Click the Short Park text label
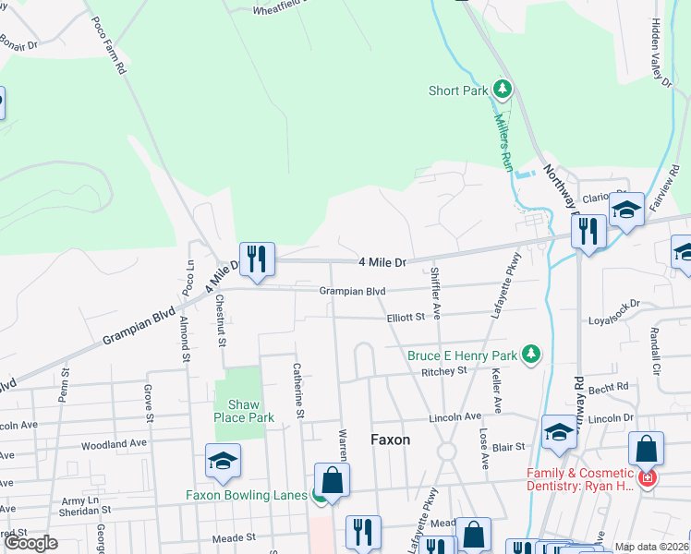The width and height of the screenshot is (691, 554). pyautogui.click(x=457, y=90)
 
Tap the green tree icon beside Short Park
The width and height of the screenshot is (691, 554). pyautogui.click(x=502, y=90)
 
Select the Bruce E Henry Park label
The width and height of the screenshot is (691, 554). pyautogui.click(x=462, y=355)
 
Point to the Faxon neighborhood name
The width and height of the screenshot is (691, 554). pyautogui.click(x=390, y=440)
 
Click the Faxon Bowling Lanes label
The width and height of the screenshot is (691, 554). pyautogui.click(x=246, y=495)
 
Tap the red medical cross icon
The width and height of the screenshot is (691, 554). pyautogui.click(x=647, y=479)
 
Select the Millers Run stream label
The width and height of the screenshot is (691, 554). pyautogui.click(x=502, y=139)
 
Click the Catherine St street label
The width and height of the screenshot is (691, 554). pyautogui.click(x=298, y=391)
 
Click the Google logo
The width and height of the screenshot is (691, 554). pyautogui.click(x=30, y=543)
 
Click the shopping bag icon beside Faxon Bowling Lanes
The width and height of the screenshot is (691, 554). pyautogui.click(x=332, y=480)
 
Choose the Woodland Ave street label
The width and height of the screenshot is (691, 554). pyautogui.click(x=114, y=444)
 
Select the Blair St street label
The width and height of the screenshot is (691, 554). pyautogui.click(x=508, y=446)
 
